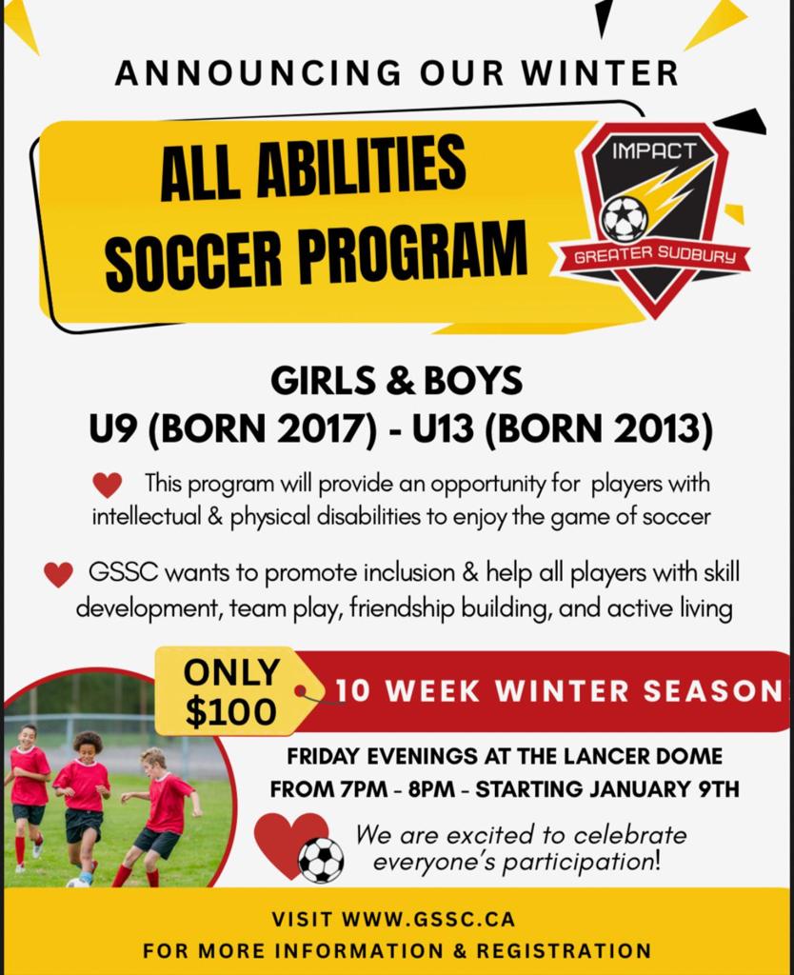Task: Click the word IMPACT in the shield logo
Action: pyautogui.click(x=654, y=149)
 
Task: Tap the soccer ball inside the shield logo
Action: pyautogui.click(x=625, y=219)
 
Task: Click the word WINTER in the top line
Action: pyautogui.click(x=602, y=72)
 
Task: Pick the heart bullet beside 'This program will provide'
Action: pyautogui.click(x=108, y=485)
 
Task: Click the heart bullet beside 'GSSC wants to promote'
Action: pyautogui.click(x=58, y=575)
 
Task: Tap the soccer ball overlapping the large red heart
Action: pyautogui.click(x=321, y=860)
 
